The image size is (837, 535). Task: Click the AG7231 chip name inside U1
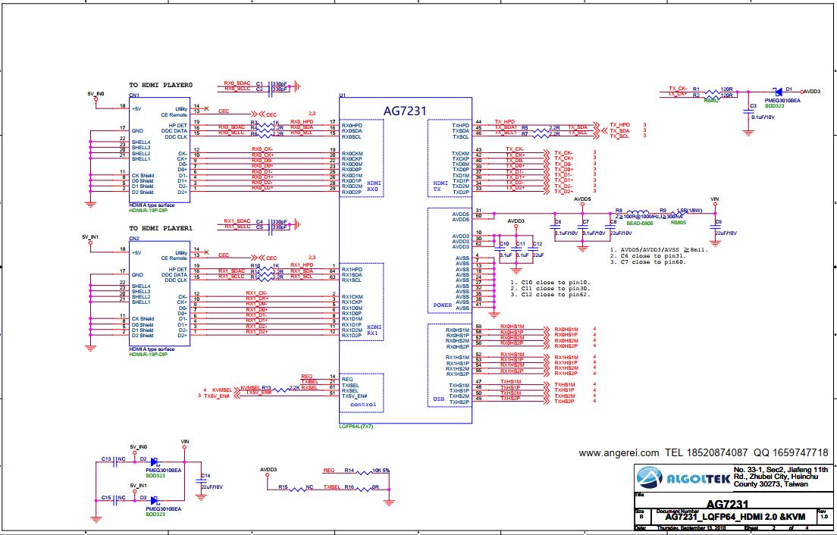pos(405,111)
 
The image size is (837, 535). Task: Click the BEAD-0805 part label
pos(639,224)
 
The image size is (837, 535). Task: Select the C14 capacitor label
pos(205,476)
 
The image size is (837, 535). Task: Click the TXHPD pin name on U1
pos(460,125)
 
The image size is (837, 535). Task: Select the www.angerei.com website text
pos(619,452)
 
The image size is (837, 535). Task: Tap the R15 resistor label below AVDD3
pos(282,487)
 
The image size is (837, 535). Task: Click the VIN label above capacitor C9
pos(713,199)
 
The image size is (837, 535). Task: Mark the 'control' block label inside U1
pos(362,405)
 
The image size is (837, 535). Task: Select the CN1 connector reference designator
pos(133,95)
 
